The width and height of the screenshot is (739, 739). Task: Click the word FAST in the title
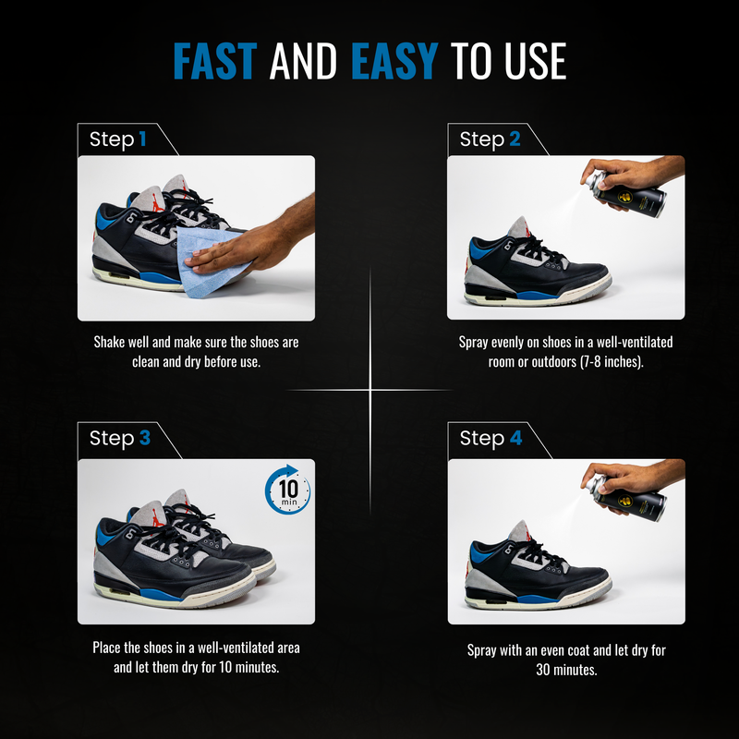click(215, 61)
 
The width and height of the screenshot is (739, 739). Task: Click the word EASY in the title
click(395, 61)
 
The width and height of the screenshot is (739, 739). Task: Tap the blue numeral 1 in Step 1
click(142, 139)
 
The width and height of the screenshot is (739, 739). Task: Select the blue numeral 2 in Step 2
click(515, 139)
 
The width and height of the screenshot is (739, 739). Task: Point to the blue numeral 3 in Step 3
click(145, 438)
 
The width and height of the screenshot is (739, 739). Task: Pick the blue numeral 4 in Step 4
click(516, 438)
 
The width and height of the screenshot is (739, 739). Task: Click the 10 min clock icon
click(287, 490)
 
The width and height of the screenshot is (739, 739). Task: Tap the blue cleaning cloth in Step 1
click(212, 261)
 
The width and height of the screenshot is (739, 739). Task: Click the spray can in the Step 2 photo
click(628, 195)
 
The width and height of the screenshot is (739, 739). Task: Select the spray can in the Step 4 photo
click(628, 499)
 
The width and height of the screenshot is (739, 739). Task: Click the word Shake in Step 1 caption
click(107, 342)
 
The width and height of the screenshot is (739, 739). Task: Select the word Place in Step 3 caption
click(106, 648)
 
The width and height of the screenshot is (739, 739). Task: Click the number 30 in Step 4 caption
click(544, 670)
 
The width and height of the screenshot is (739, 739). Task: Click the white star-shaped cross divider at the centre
click(370, 390)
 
